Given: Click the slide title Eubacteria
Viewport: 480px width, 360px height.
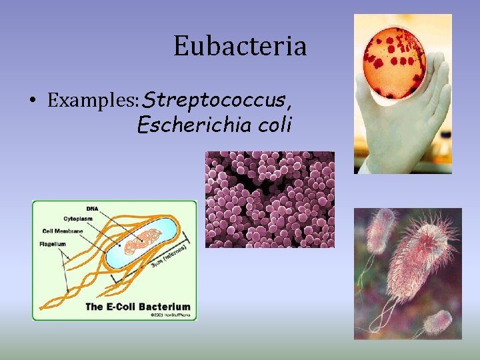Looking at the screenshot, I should click(x=240, y=47).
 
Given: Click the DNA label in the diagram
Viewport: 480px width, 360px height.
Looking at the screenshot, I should click(x=91, y=209).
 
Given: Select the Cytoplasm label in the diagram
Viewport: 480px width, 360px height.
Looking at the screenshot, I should click(x=79, y=218).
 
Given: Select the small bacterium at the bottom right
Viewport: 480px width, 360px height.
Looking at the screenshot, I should click(x=438, y=323).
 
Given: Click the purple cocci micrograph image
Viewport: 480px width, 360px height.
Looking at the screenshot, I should click(x=269, y=199).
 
